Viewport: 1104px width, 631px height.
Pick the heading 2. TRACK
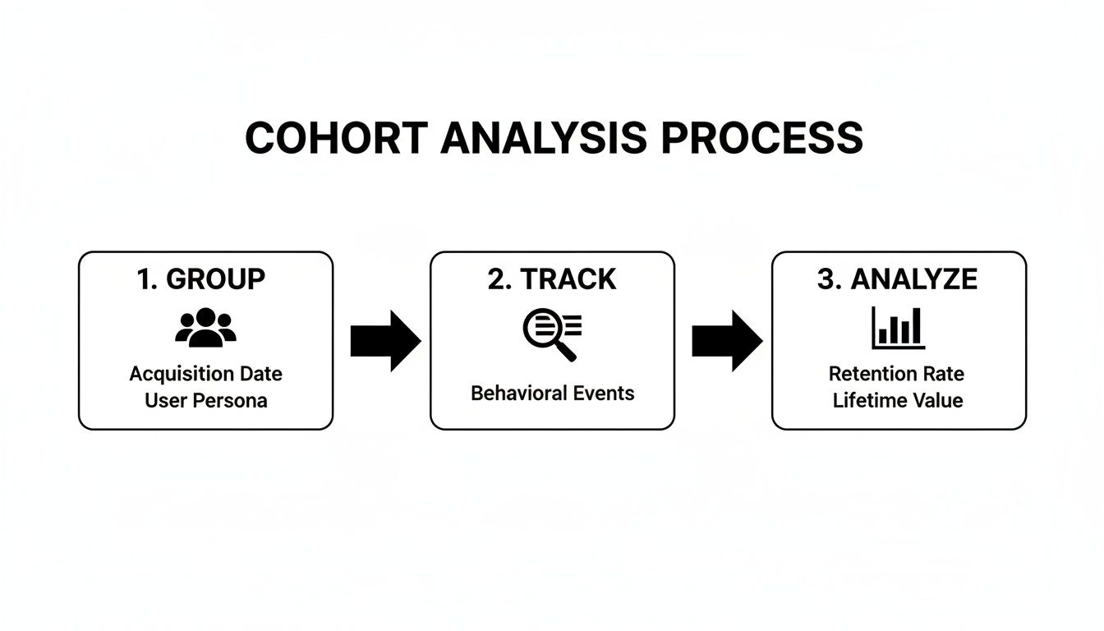[552, 279]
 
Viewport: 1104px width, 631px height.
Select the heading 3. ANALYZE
[898, 279]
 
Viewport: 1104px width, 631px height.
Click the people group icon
[205, 327]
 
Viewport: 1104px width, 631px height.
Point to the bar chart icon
[898, 327]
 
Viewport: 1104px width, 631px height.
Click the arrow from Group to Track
[384, 340]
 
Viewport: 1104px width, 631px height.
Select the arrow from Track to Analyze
[726, 340]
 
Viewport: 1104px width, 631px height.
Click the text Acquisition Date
[205, 375]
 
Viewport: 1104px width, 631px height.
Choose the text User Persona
[205, 401]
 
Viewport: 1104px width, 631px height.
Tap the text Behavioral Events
[552, 394]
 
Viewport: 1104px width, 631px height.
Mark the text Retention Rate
[896, 375]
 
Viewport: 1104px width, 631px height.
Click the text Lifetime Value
[897, 401]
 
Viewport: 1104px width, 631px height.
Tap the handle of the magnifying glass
[567, 352]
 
